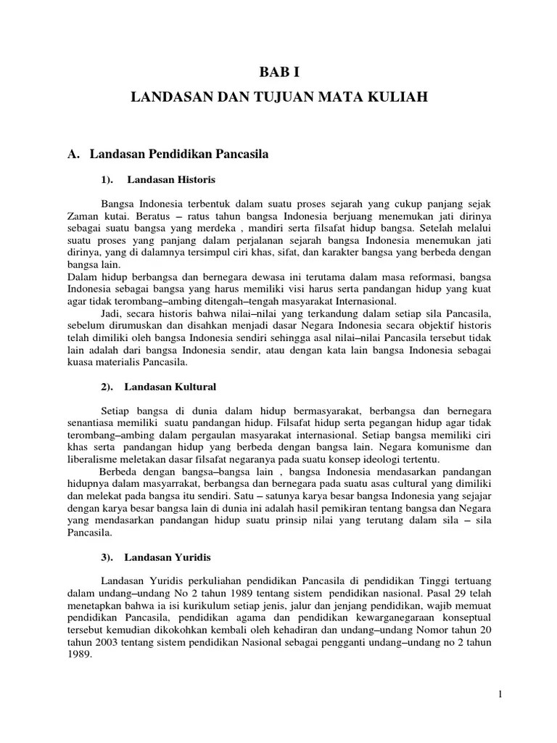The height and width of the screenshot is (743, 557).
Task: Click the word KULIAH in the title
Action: point(400,96)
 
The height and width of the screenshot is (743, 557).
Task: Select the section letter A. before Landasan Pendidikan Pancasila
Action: point(72,154)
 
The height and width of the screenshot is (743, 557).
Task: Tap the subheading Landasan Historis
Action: point(170,178)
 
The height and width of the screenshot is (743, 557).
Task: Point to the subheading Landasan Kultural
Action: point(170,387)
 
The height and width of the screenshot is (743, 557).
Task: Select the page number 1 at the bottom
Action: point(500,695)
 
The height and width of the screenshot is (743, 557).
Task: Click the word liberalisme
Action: point(94,460)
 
